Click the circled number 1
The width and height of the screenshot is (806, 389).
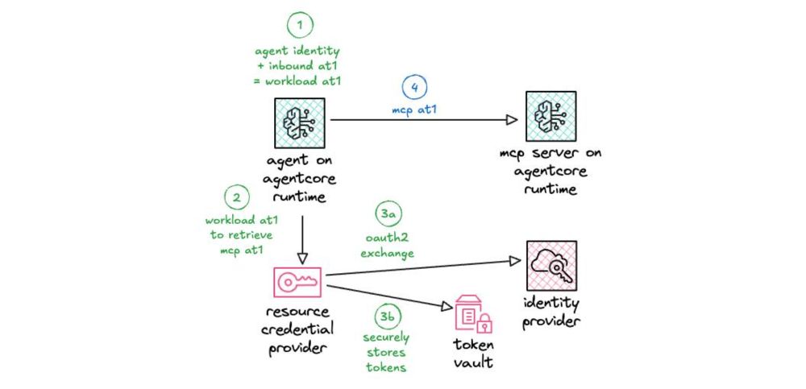point(300,27)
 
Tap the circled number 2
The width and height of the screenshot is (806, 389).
point(235,197)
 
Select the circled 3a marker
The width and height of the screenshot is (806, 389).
point(388,214)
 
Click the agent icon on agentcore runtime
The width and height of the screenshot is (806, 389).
point(300,122)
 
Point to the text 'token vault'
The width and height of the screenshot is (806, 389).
point(472,354)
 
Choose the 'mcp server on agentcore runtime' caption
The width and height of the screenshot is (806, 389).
point(550,170)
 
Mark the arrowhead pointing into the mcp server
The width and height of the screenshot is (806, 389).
point(511,120)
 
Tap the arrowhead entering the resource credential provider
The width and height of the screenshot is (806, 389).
point(300,258)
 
